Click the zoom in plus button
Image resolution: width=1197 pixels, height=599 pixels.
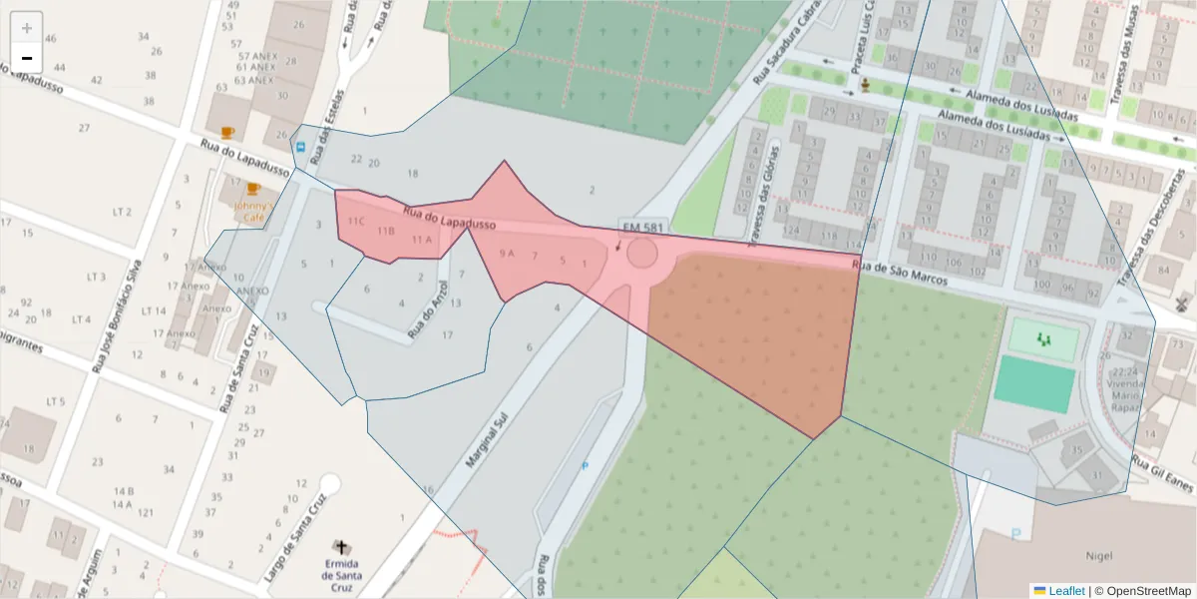(27, 28)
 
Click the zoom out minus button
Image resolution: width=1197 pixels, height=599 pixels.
(27, 58)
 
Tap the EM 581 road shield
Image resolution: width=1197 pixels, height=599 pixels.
(641, 228)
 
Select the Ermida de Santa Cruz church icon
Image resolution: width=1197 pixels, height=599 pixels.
(342, 547)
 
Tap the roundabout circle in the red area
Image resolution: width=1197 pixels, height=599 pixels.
(641, 254)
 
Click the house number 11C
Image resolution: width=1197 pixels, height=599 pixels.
(356, 220)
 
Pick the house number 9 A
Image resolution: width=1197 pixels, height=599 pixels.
(506, 254)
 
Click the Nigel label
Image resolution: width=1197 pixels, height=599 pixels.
(1097, 552)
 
